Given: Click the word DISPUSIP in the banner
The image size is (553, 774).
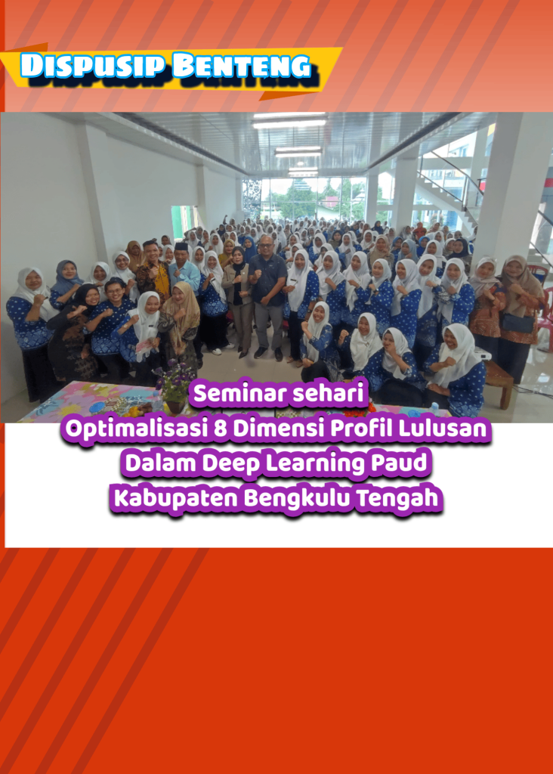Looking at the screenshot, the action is pyautogui.click(x=92, y=66).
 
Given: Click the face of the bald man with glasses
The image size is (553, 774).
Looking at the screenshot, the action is pyautogui.click(x=267, y=245).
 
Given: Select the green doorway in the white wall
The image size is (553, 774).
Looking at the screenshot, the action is pyautogui.click(x=183, y=221).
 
